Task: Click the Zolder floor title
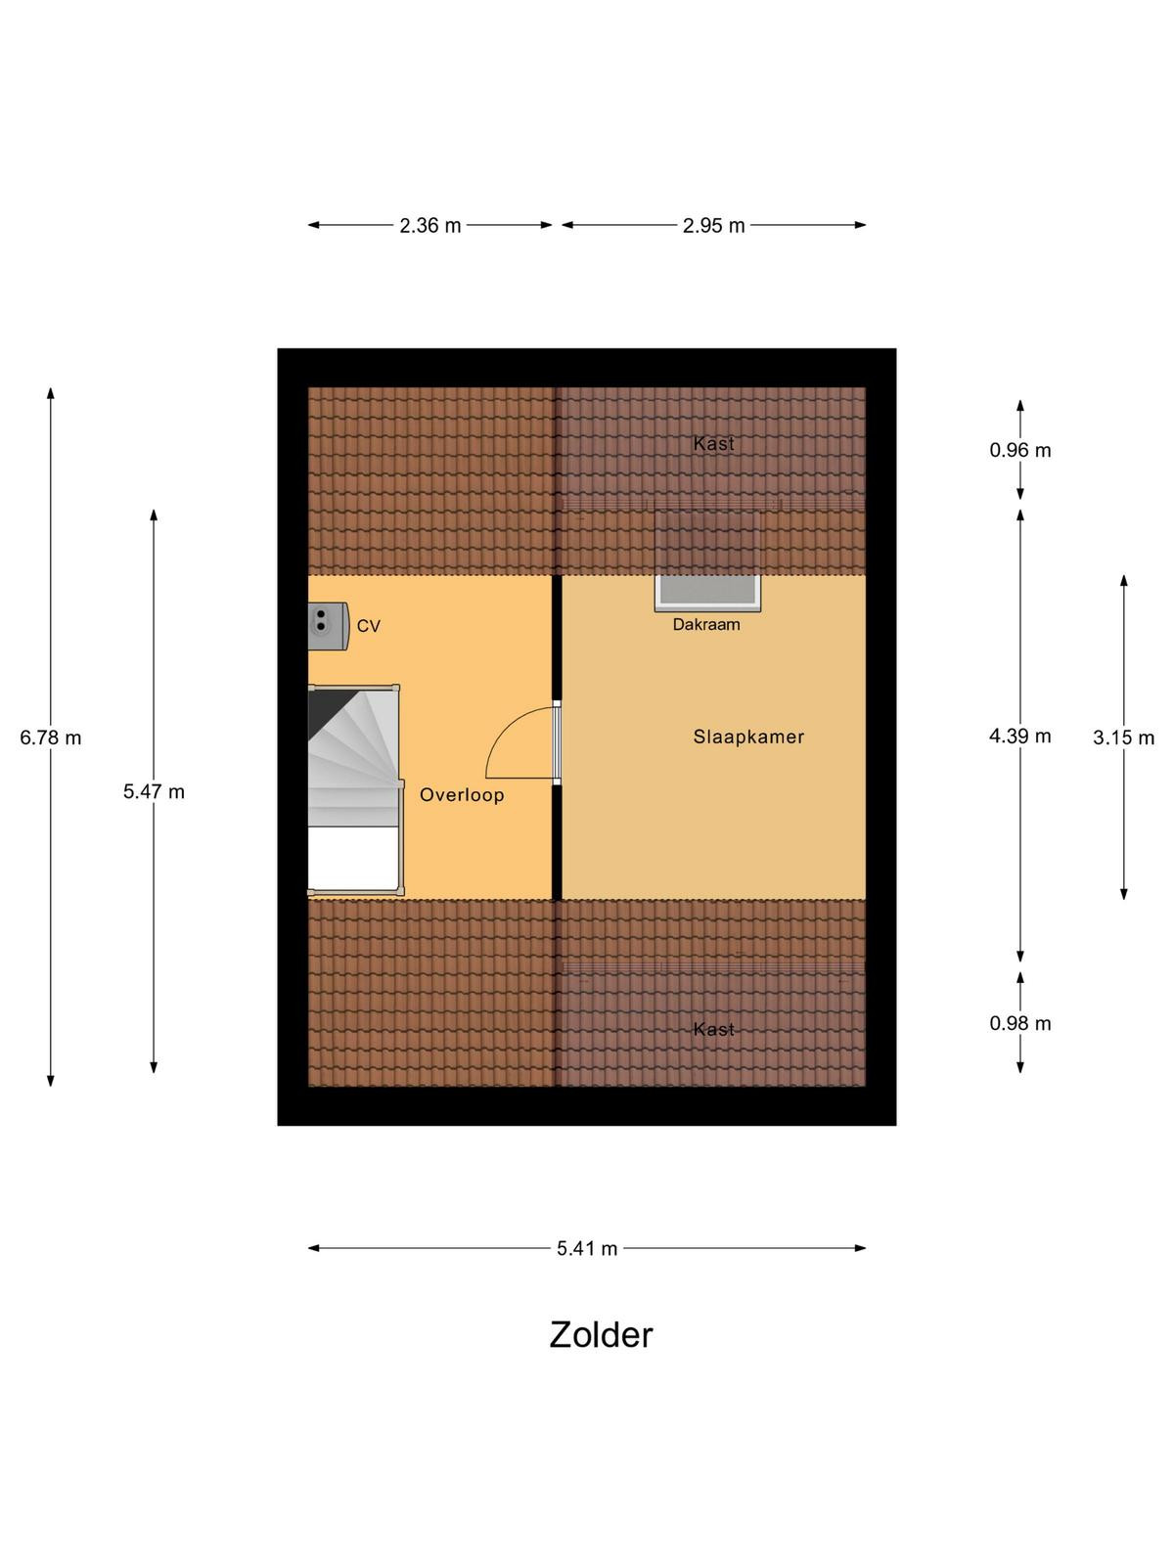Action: [600, 1335]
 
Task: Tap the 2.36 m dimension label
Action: [429, 226]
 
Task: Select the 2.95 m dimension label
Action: [713, 226]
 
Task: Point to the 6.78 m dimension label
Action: [51, 738]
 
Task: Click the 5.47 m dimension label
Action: [154, 791]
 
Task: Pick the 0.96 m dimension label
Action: [1020, 450]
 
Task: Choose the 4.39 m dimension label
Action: [1020, 736]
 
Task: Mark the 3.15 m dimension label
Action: [1123, 738]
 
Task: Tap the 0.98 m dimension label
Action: [1020, 1023]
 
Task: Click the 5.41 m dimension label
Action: [587, 1248]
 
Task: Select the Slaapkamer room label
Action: [748, 737]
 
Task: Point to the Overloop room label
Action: [462, 795]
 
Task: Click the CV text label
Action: [369, 626]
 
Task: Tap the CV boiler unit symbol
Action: [328, 626]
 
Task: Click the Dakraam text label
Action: [706, 625]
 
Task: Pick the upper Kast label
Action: [713, 443]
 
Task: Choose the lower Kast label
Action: [713, 1029]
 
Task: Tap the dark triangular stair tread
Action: [322, 709]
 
